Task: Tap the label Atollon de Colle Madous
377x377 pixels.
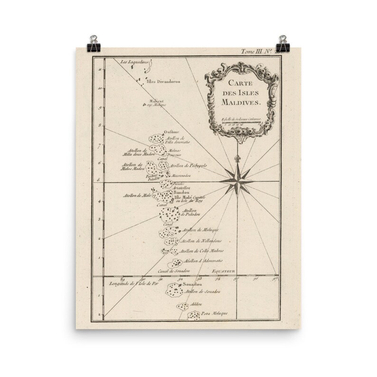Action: pos(198,250)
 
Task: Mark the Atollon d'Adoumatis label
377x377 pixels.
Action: pos(197,261)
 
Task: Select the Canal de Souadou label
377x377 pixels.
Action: pos(174,271)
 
